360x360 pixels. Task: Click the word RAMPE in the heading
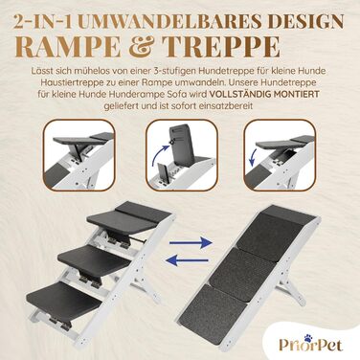(x=70, y=47)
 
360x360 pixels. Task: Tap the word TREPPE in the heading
(x=221, y=47)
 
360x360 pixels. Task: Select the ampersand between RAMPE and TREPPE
(x=142, y=47)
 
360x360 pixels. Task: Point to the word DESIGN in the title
(x=301, y=21)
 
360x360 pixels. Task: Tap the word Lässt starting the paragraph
(x=41, y=71)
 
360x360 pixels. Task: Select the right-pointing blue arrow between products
(x=191, y=243)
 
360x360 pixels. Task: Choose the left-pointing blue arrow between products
(x=188, y=260)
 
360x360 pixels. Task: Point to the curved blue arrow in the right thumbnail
(x=254, y=157)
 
